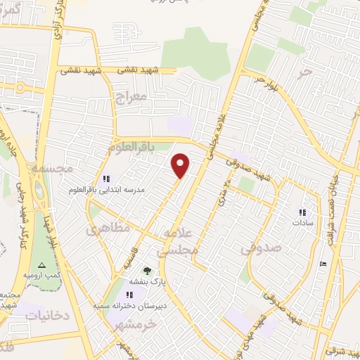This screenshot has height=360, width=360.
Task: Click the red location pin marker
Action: (x=181, y=165)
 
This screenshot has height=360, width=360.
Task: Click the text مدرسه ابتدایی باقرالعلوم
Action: (x=106, y=191)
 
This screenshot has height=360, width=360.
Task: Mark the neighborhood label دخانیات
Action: (x=48, y=315)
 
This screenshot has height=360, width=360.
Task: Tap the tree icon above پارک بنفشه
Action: (x=147, y=271)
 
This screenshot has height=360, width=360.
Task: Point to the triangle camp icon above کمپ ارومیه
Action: (x=41, y=264)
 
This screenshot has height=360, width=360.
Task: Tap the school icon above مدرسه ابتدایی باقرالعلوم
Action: (x=106, y=179)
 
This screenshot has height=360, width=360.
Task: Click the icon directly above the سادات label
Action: (x=303, y=212)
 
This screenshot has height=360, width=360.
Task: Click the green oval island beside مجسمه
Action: (x=37, y=188)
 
